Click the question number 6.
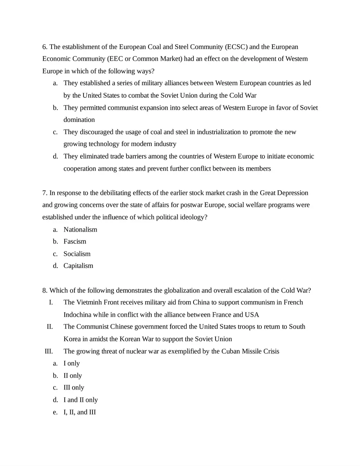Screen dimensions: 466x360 45,47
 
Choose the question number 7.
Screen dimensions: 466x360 45,193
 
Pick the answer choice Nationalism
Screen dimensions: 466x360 80,230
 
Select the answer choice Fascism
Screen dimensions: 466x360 75,241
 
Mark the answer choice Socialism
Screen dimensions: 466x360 77,254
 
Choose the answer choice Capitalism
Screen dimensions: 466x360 78,266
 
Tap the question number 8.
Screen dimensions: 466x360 45,290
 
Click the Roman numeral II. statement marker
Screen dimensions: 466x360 50,327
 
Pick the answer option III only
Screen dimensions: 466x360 74,387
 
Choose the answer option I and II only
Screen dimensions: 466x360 81,400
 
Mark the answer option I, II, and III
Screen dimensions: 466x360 80,412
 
